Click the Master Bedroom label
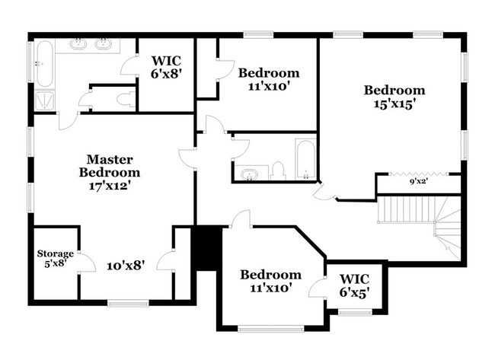(x=110, y=166)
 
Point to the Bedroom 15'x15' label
(x=394, y=97)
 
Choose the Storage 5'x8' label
(x=55, y=258)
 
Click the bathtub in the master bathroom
(x=43, y=63)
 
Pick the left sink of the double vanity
(x=78, y=45)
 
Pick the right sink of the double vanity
(x=104, y=45)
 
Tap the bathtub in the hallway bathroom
(x=306, y=158)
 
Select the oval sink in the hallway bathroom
(x=249, y=175)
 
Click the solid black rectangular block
(x=206, y=247)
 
